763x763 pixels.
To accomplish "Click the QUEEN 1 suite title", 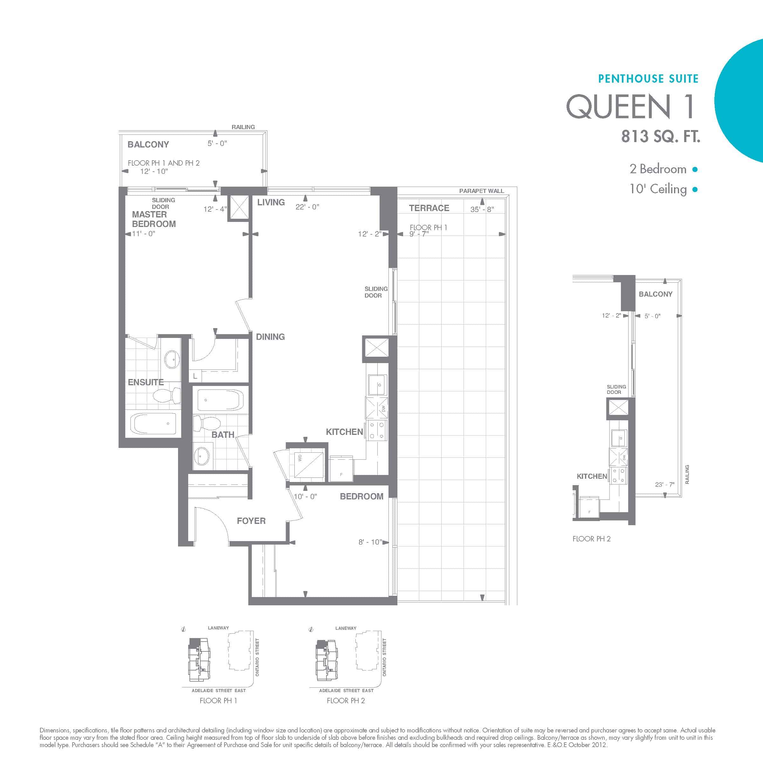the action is [x=630, y=106].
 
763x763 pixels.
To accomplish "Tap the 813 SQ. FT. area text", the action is [x=661, y=136].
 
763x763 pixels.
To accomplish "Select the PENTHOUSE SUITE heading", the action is [x=649, y=79].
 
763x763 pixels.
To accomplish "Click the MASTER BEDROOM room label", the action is [x=154, y=219].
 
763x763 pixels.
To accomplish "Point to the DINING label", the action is [x=270, y=337].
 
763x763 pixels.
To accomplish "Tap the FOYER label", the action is [x=251, y=521].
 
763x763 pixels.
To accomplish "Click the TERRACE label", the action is [x=429, y=208].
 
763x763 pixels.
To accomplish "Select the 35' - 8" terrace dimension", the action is [x=482, y=209].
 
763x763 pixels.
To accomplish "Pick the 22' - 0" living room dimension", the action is [x=307, y=207].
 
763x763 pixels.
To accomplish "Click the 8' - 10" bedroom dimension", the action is [x=370, y=542].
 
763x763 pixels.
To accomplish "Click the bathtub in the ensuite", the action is [x=153, y=424].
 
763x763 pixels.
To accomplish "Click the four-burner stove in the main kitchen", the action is [x=377, y=430].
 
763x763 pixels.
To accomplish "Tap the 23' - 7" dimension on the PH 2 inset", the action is [x=665, y=485].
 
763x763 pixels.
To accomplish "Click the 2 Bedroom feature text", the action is [x=658, y=169].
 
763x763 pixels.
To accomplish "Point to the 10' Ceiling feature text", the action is [x=658, y=189].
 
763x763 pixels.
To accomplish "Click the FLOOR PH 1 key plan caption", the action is [x=218, y=701].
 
